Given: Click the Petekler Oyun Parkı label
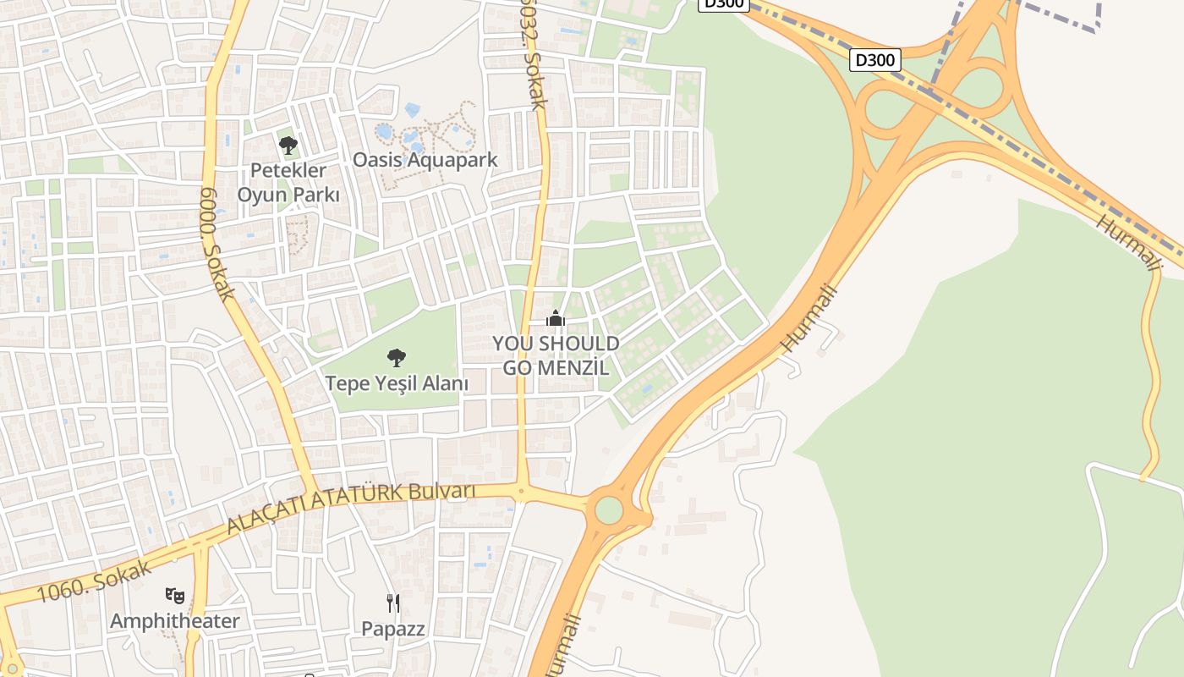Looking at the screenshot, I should pyautogui.click(x=288, y=183).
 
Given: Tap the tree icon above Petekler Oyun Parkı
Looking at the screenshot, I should pyautogui.click(x=288, y=146).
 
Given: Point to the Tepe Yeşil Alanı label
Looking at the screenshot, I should pyautogui.click(x=397, y=383).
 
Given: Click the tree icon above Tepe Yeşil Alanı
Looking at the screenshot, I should pyautogui.click(x=396, y=358).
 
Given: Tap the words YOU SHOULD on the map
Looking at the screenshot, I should pyautogui.click(x=556, y=344).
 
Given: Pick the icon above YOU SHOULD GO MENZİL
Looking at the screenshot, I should pyautogui.click(x=556, y=319).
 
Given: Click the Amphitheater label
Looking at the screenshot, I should pyautogui.click(x=175, y=621).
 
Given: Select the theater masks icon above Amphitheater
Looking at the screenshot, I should pyautogui.click(x=175, y=595).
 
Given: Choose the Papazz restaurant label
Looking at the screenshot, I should pyautogui.click(x=393, y=629).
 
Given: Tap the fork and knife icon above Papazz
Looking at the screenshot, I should pyautogui.click(x=393, y=603).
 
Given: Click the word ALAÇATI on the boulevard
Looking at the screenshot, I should pyautogui.click(x=265, y=515).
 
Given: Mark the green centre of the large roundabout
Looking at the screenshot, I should pyautogui.click(x=608, y=510).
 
